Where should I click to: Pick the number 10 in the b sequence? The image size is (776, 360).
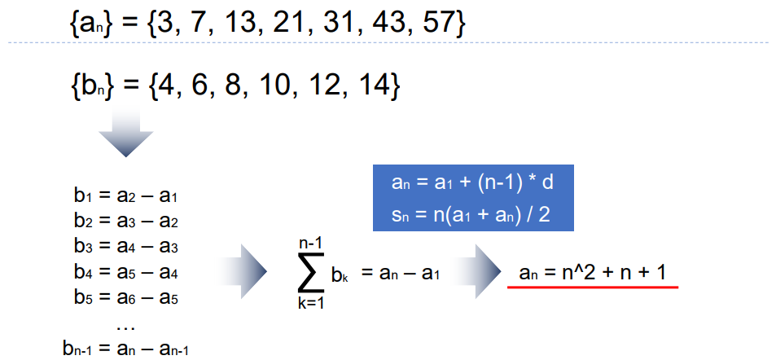[272, 85]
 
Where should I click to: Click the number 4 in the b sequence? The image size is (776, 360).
[169, 85]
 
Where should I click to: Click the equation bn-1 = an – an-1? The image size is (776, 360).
[125, 349]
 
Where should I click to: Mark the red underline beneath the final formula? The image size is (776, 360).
[593, 287]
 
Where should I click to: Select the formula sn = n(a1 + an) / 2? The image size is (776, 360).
[473, 217]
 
